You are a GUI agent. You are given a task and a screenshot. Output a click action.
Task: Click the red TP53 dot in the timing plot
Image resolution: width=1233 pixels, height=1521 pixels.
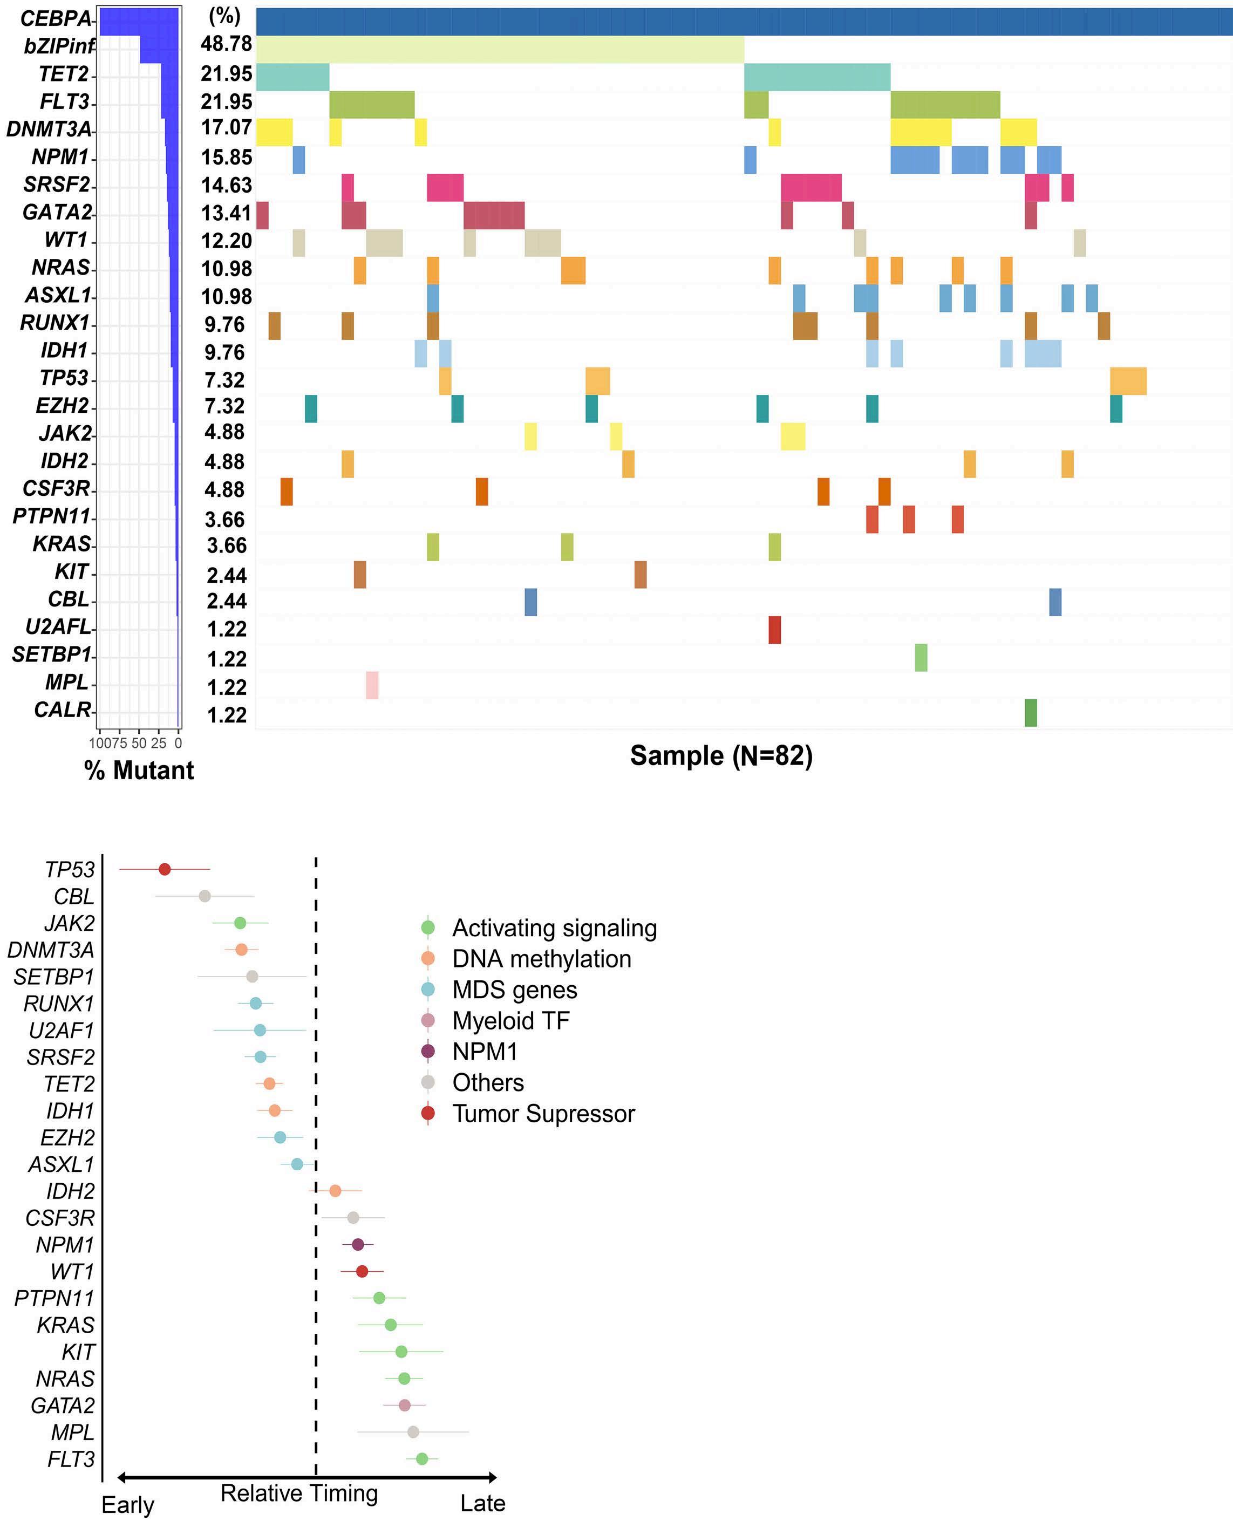[165, 869]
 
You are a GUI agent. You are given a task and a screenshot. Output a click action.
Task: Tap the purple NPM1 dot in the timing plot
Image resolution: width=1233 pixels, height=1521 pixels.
[358, 1244]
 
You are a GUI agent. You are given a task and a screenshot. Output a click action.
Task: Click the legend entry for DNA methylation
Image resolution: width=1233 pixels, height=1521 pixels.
[541, 959]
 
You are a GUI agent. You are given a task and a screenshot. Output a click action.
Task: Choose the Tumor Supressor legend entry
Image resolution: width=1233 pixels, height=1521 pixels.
[543, 1114]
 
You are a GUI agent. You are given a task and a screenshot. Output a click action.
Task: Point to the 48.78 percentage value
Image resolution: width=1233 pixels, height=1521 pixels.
[226, 44]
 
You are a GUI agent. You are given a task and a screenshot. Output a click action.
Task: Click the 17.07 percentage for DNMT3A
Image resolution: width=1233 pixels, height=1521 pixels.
[226, 128]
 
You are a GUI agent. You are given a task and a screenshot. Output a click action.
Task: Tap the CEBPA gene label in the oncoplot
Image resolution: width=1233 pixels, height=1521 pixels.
[56, 18]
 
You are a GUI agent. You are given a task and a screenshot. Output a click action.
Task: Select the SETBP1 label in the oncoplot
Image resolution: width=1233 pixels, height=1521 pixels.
[51, 654]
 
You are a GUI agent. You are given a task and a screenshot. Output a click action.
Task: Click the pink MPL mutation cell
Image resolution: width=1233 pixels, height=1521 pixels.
[372, 685]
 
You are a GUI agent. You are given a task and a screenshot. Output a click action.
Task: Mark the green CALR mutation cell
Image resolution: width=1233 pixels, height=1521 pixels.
[1031, 713]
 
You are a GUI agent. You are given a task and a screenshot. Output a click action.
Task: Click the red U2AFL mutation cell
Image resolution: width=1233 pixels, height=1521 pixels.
[774, 630]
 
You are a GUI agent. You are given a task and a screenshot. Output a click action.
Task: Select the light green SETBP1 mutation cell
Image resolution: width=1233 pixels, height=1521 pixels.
[921, 658]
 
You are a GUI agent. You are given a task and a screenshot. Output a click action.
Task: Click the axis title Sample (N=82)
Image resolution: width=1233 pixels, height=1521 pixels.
[721, 755]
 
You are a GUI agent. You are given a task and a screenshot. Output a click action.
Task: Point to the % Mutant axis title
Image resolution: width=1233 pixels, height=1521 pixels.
[139, 770]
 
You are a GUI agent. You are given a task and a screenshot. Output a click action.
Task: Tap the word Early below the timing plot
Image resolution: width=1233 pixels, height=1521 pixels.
[128, 1505]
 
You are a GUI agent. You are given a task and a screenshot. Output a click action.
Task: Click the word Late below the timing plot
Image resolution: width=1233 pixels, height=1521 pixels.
[483, 1503]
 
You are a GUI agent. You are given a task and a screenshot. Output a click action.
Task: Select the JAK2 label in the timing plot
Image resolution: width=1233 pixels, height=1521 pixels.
[69, 923]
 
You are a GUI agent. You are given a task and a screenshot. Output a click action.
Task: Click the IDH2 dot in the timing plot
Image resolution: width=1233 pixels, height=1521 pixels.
[335, 1191]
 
